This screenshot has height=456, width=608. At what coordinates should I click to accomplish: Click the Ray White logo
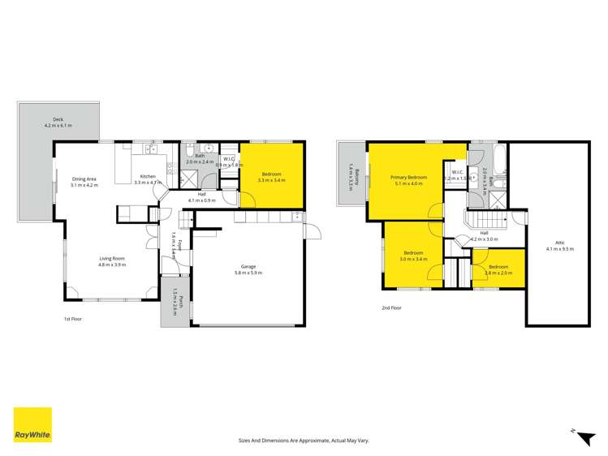point(32,426)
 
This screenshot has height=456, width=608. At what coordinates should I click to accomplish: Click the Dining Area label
point(84,179)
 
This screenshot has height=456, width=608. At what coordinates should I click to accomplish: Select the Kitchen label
point(148,177)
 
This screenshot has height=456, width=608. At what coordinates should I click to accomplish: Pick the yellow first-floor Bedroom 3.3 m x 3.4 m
point(272,172)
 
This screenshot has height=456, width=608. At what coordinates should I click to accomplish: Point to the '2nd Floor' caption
point(391,308)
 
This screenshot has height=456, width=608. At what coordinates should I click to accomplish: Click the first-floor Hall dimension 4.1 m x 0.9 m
point(201,200)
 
